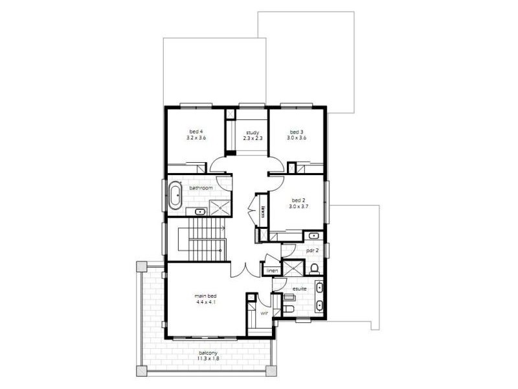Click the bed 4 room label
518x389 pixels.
(196, 132)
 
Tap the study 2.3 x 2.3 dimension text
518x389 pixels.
(251, 138)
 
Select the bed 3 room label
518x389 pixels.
(297, 132)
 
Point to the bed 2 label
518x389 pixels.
(298, 200)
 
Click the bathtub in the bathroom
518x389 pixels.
(175, 195)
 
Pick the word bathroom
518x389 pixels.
(201, 188)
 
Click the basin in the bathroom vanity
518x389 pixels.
(199, 211)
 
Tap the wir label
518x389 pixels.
(264, 313)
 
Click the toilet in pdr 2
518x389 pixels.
(314, 267)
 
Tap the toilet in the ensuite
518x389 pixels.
(288, 309)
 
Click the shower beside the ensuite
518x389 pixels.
(293, 268)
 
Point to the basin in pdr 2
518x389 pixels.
(313, 235)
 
